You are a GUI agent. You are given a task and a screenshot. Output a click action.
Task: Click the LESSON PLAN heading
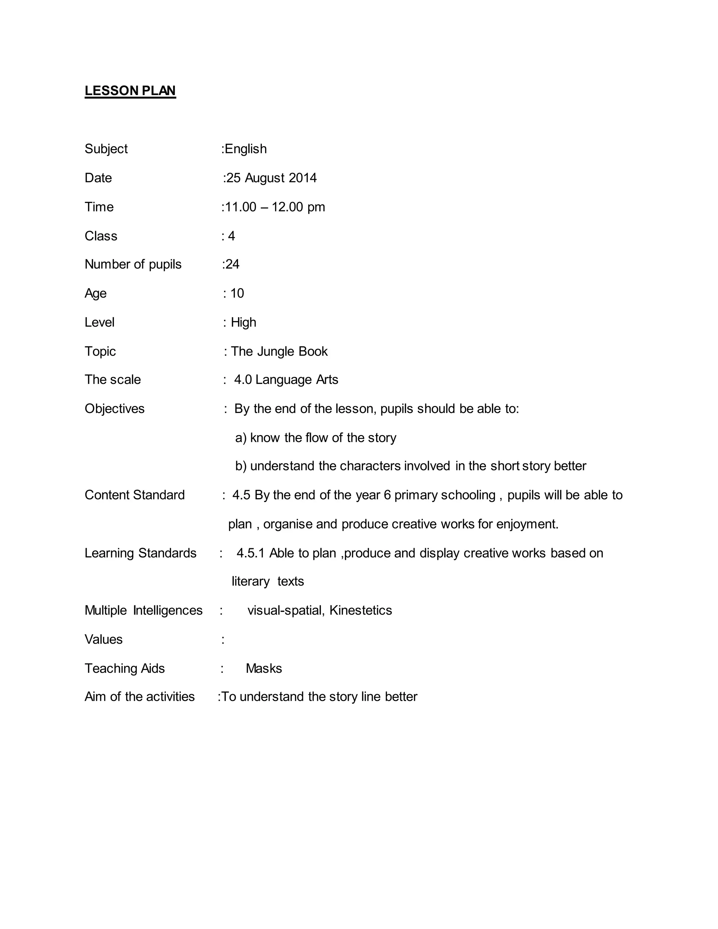coord(130,90)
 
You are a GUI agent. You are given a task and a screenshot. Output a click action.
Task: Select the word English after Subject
coord(245,149)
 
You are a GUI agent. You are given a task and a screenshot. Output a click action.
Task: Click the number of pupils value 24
coord(232,264)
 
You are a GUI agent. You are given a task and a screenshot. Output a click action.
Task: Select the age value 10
coord(237,293)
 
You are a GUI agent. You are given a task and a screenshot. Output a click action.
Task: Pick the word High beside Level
coord(243,323)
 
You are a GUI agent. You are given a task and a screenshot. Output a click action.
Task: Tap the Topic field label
coord(100,351)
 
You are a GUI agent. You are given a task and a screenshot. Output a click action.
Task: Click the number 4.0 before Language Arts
coord(243,379)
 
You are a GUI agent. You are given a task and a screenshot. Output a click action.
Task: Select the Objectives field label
coord(114,409)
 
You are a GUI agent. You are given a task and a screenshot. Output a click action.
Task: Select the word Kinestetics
coord(360,610)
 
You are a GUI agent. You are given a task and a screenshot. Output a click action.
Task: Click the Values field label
coord(103,639)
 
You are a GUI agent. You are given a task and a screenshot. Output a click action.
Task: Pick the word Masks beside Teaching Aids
coord(264,668)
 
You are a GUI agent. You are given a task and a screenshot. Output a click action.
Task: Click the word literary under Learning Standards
coord(251,582)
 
